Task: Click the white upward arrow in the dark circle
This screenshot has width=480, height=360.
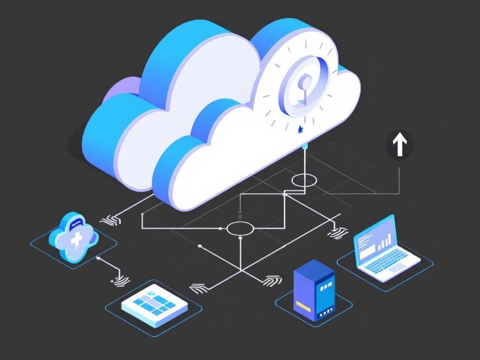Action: coord(399,145)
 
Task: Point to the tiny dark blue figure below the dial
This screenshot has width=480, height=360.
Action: coord(300,129)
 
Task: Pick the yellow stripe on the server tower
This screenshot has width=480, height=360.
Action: coord(304,307)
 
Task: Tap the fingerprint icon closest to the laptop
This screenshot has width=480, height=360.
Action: coord(338,231)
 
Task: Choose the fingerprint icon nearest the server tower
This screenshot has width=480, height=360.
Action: coord(273,280)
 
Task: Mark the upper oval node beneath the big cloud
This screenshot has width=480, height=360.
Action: coord(305,180)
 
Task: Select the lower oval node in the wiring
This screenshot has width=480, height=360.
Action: coord(240,228)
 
